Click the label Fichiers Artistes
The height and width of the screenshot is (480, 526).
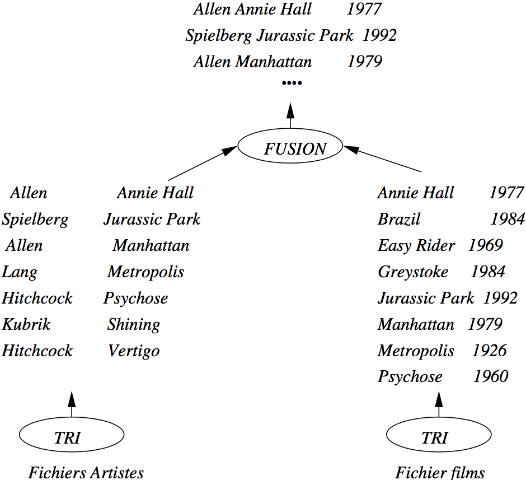pos(86,472)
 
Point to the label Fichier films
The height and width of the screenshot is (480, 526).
pos(440,472)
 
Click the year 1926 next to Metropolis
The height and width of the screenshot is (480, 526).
pos(489,351)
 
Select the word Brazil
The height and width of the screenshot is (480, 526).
pos(399,219)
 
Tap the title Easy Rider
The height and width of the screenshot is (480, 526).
pos(416,245)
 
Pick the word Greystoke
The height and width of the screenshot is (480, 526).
pos(413,272)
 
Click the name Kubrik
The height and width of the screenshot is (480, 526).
pos(26,324)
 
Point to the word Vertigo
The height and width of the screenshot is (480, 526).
pos(134,351)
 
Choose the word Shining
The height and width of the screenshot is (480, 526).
pos(134,325)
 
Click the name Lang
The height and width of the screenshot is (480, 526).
pos(20,272)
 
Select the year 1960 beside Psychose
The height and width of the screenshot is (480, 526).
pos(491,376)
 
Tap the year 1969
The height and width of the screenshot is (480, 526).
pos(485,245)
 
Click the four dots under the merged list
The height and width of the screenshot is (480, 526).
pos(292,82)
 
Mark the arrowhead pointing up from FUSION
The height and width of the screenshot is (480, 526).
pos(290,110)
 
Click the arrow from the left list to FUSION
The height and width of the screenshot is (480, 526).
pos(203,163)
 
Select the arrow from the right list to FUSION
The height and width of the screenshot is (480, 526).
pos(382,159)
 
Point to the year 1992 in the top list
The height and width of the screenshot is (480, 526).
pos(379,35)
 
